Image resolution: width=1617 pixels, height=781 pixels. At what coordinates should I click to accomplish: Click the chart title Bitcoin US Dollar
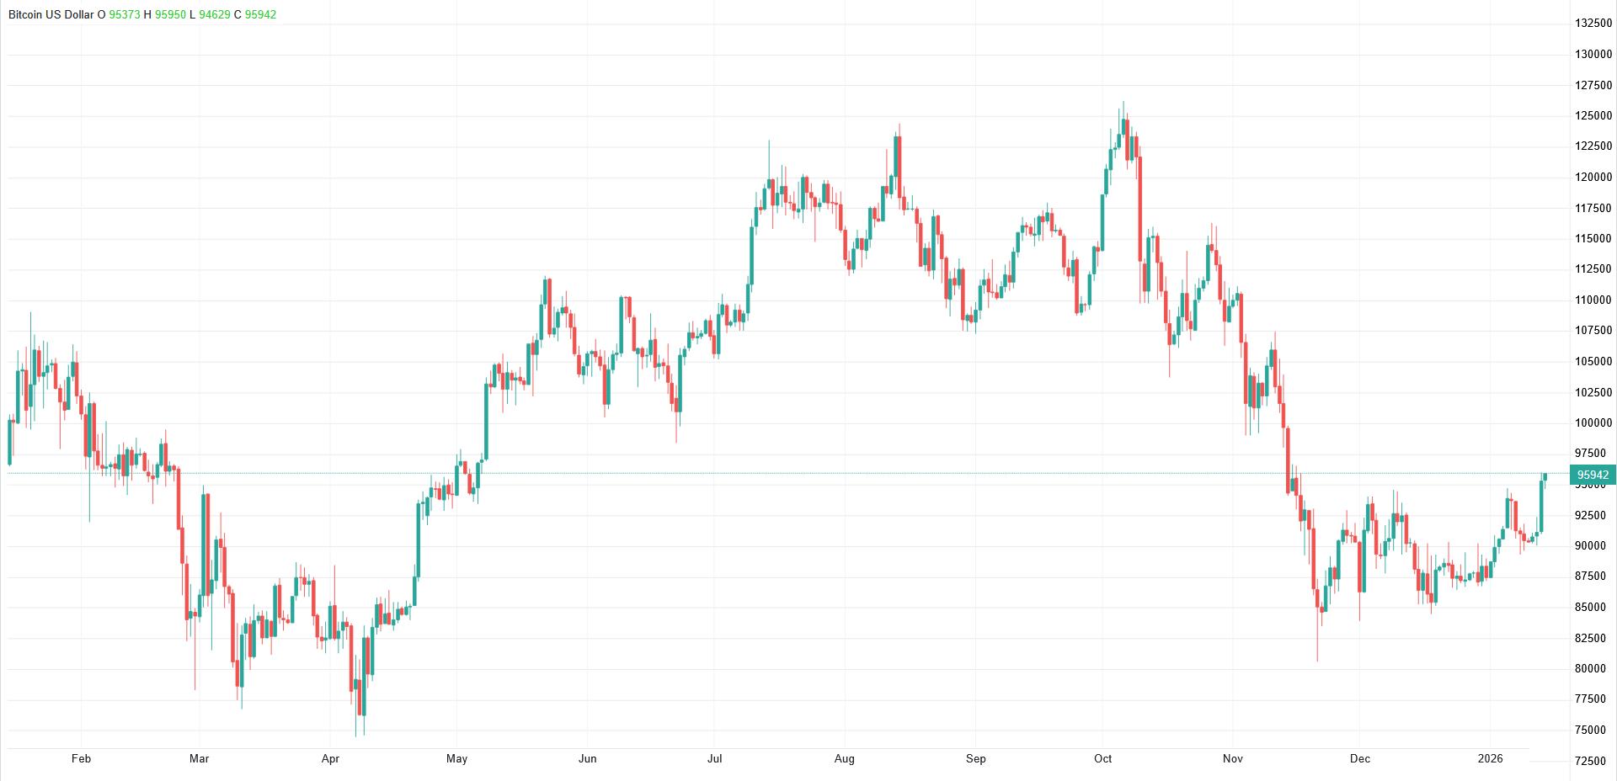51,14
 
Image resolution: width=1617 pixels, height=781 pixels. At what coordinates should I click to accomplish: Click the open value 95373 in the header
125,14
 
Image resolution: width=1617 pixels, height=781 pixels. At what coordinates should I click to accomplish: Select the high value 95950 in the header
170,14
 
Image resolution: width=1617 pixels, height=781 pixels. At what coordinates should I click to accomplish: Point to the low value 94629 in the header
215,14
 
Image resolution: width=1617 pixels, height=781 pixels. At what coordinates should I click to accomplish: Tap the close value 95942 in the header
260,14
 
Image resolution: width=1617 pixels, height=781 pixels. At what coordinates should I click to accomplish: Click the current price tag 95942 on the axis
1593,475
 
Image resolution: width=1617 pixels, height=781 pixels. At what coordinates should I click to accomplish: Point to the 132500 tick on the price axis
1593,23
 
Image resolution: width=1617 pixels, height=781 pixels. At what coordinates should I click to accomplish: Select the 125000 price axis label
1593,115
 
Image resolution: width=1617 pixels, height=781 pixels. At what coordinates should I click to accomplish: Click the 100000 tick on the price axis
1593,422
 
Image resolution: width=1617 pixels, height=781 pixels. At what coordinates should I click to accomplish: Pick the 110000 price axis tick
1593,300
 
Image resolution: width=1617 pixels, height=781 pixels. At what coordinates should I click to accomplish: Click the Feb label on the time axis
81,758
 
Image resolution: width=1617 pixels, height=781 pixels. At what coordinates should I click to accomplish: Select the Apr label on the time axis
330,758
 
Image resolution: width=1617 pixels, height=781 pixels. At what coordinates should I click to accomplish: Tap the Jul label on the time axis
714,758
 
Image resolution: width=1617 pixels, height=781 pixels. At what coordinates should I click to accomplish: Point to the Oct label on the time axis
1102,758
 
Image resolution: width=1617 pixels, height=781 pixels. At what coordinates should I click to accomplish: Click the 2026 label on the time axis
1490,758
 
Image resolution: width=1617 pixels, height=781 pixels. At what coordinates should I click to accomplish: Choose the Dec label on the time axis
1359,758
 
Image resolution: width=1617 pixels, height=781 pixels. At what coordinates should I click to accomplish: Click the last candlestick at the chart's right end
1545,477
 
